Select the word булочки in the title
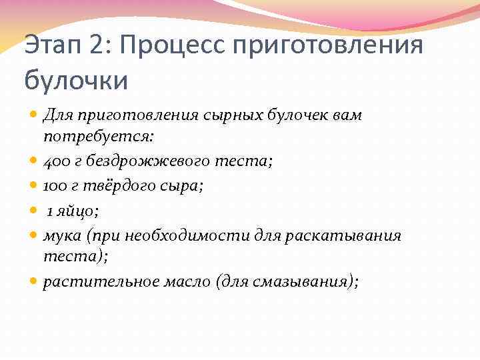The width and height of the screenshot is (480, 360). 76,80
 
